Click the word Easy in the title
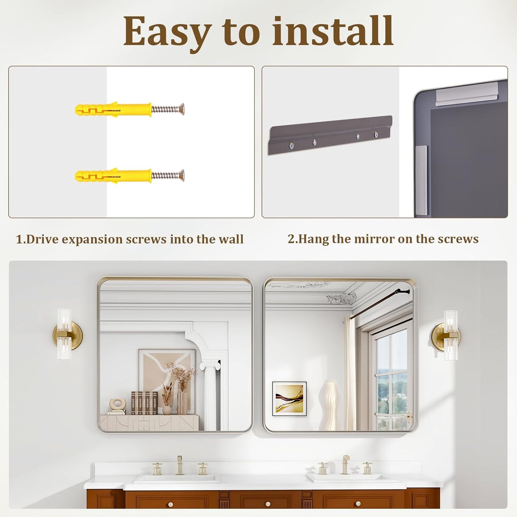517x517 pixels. click(167, 32)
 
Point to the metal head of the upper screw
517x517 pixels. click(182, 109)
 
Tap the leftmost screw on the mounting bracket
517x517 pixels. click(291, 146)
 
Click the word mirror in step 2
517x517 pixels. click(375, 239)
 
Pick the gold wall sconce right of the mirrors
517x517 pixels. click(447, 335)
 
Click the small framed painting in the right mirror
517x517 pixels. click(289, 399)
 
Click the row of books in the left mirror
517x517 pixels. click(144, 403)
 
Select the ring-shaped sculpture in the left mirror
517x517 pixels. click(118, 404)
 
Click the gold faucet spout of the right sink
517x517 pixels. click(345, 463)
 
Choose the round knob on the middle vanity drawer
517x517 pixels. click(268, 504)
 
